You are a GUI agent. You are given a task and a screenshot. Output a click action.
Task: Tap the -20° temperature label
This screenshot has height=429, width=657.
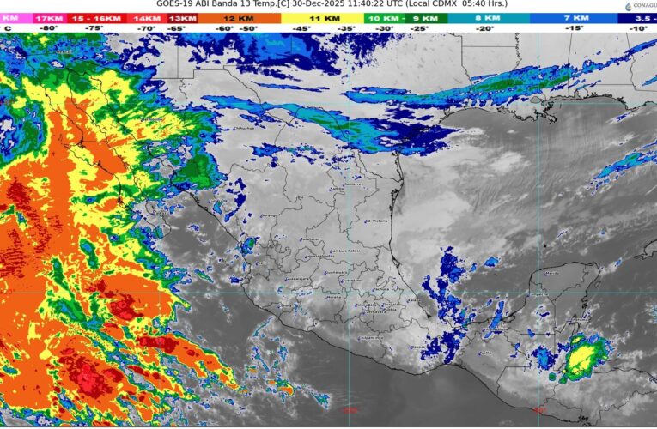click(x=486, y=28)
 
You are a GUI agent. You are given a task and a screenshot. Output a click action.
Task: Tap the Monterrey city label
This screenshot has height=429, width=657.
click(x=330, y=184)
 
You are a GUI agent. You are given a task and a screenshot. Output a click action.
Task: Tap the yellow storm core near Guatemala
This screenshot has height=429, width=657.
click(x=583, y=354)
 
